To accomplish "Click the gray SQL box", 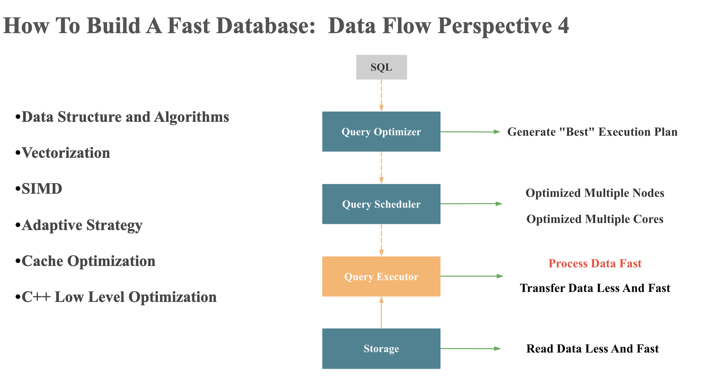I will coord(381,67).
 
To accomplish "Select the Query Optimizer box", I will coord(381,131).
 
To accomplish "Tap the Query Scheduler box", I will coord(381,204).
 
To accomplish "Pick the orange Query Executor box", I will coord(381,276).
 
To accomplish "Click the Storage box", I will coord(381,348).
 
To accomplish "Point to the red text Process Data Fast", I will coord(594,264).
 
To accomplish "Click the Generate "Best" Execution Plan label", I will coord(592,132).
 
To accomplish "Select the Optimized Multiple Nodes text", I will coord(594,193).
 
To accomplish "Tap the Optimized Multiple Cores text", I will coord(594,219).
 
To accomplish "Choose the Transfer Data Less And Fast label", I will coord(594,288).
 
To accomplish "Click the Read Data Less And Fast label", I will coord(592,349).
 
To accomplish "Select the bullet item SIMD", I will coord(42,189).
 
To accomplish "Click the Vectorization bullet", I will coord(66,153).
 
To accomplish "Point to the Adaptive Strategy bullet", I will coord(82,225).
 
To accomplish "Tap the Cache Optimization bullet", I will coord(88,261).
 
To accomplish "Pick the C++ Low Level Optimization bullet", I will coord(119,297).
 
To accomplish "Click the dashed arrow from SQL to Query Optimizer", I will coord(381,95).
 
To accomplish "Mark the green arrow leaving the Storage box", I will coord(470,349).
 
